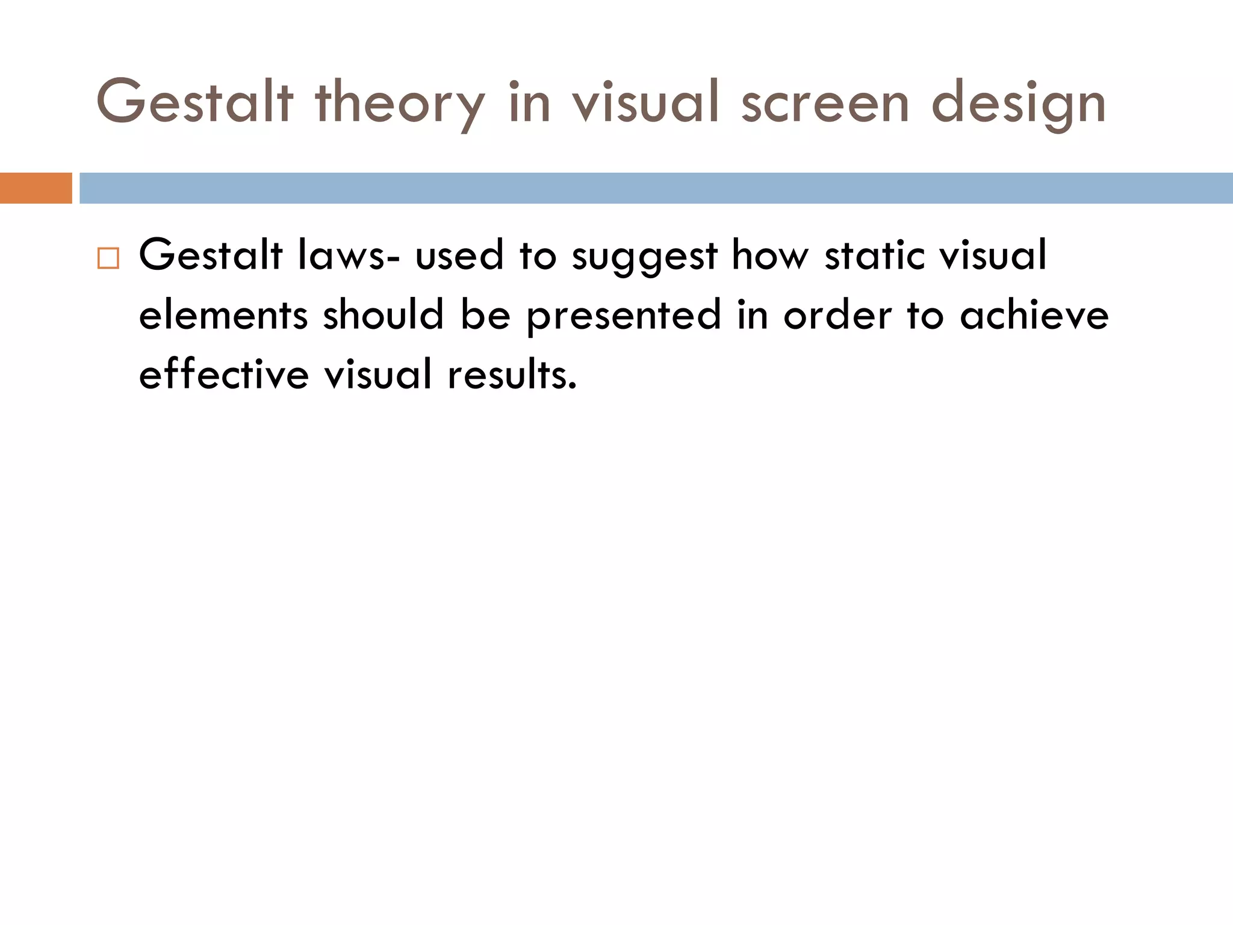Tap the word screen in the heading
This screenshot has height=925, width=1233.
tap(825, 104)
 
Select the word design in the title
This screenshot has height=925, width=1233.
tap(1019, 104)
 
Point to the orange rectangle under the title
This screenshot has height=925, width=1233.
tap(36, 188)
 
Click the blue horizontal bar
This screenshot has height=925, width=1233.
tap(656, 188)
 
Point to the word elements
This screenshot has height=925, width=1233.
tap(223, 316)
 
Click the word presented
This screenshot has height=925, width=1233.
tap(624, 316)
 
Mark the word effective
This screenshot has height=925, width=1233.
tap(224, 374)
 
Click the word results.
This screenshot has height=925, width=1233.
tap(512, 374)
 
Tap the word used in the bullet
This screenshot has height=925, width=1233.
tap(459, 255)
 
